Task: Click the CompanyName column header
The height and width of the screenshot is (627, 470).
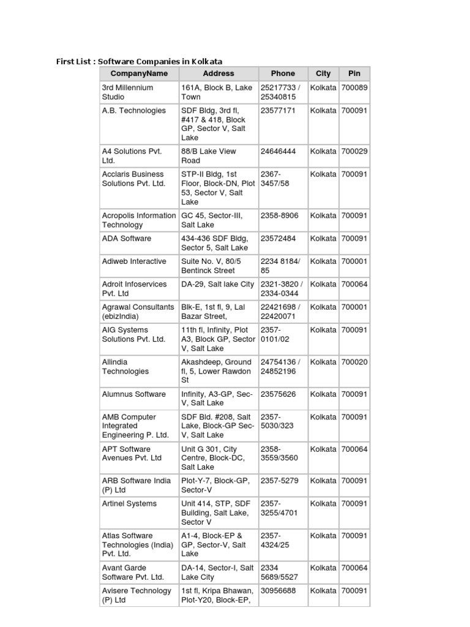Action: [x=139, y=73]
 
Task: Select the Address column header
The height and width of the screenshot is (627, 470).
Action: [x=218, y=73]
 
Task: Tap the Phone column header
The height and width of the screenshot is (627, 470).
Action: [x=283, y=73]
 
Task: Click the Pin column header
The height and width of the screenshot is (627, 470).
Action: [x=354, y=73]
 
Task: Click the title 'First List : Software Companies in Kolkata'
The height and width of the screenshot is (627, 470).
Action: [x=140, y=61]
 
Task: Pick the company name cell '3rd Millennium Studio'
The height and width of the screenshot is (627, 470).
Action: [x=127, y=92]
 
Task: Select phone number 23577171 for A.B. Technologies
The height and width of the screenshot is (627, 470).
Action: [x=278, y=111]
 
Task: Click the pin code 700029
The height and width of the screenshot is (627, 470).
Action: [x=354, y=151]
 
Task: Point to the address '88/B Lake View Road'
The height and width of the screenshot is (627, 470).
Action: [x=208, y=156]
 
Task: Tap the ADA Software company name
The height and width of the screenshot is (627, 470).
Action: [x=126, y=239]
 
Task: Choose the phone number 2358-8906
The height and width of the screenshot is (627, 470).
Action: [x=279, y=216]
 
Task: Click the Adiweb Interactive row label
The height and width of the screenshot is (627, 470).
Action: [x=133, y=261]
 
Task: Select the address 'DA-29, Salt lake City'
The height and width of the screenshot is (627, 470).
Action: [x=217, y=284]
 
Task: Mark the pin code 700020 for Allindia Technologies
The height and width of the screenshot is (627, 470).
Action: [x=354, y=362]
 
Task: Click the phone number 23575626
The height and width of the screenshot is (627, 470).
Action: [x=278, y=394]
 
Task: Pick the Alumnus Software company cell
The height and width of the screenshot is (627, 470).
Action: [x=133, y=394]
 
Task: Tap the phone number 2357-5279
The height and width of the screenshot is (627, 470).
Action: [x=279, y=481]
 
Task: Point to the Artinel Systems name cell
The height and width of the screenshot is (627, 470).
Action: [x=129, y=504]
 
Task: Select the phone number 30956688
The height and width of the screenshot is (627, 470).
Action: [x=278, y=591]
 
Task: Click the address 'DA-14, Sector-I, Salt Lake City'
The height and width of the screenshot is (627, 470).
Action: [x=217, y=573]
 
